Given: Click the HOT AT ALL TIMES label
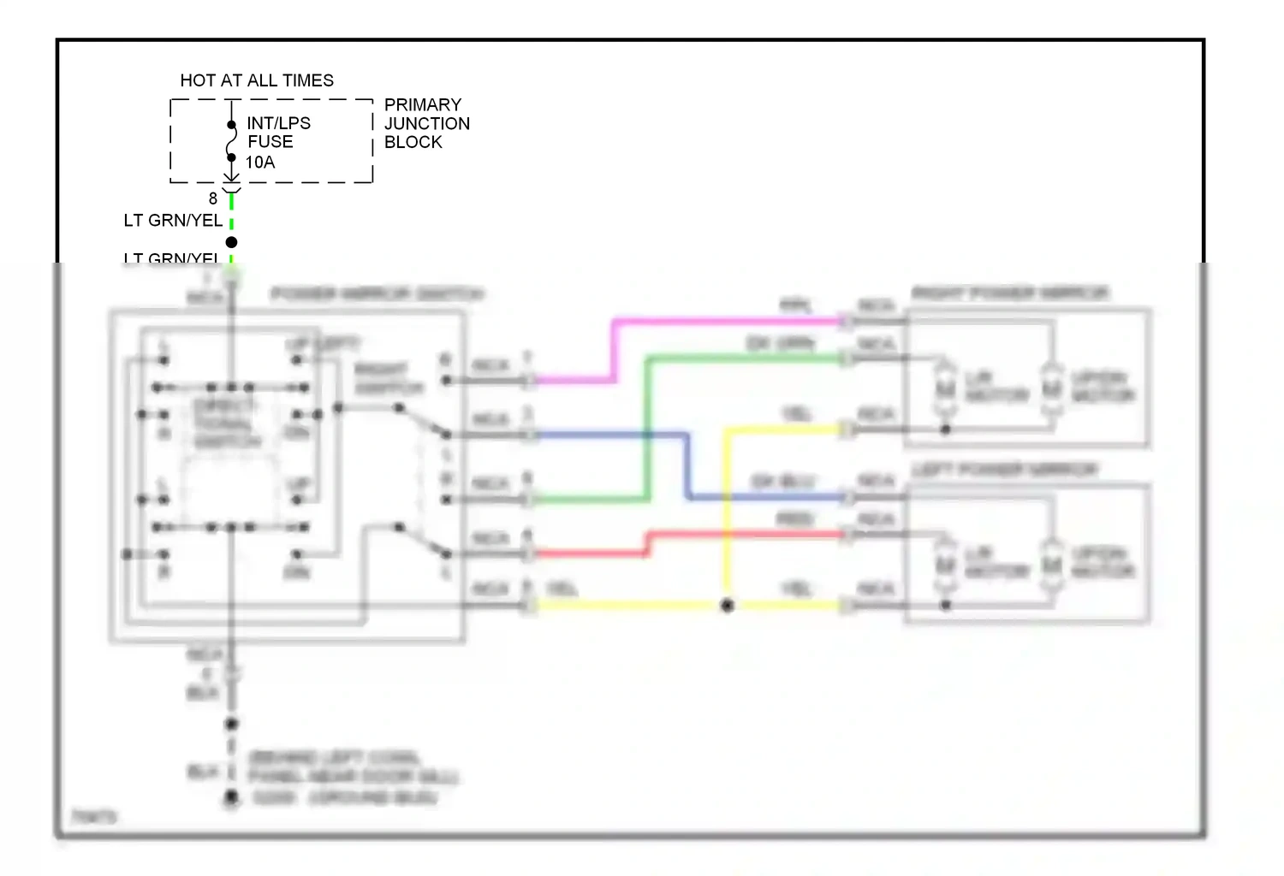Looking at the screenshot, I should tap(257, 80).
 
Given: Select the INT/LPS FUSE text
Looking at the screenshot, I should tap(278, 133).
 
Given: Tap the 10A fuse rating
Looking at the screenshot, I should tap(260, 163).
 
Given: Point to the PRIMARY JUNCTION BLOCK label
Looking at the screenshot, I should tap(426, 123).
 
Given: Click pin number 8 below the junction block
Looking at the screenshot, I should tap(213, 198).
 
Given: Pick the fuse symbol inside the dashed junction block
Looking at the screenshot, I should tap(231, 141).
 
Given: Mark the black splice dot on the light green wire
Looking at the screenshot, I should tap(231, 242).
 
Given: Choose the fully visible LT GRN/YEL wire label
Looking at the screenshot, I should tap(173, 221).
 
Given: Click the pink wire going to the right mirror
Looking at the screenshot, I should tap(728, 322).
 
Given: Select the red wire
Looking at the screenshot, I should tap(745, 535).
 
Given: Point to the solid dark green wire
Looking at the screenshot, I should tap(745, 359).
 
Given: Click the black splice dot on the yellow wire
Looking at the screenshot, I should tap(727, 606).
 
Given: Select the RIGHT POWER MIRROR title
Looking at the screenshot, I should tap(1010, 293).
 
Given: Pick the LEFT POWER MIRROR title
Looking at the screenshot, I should tap(1004, 470).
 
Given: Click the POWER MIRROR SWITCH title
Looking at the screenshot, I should tap(377, 294).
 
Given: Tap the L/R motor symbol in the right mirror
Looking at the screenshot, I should tap(945, 390).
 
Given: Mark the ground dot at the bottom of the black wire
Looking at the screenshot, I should tap(231, 798).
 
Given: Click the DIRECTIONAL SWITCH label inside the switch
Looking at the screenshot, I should tap(227, 423).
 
